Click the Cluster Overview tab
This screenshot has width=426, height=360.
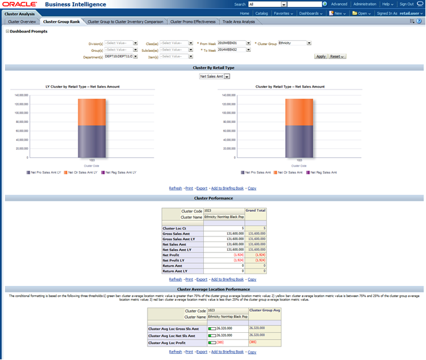click(22, 22)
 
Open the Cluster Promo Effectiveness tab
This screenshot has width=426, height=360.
click(193, 22)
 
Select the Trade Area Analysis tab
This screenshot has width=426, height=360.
click(238, 22)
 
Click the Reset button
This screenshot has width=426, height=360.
click(336, 56)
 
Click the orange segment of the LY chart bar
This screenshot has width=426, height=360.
click(91, 112)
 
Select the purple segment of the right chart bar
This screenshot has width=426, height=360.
click(299, 141)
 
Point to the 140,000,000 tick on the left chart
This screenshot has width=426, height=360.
click(22, 95)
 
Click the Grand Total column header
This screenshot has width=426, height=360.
click(256, 211)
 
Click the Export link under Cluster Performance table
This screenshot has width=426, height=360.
click(202, 279)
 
